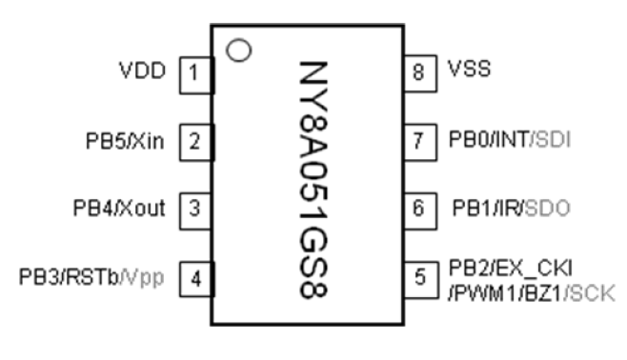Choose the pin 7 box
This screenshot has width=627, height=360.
coord(419,142)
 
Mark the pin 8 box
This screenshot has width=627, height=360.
coord(419,72)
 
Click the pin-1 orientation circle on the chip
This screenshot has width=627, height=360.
coord(241,48)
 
